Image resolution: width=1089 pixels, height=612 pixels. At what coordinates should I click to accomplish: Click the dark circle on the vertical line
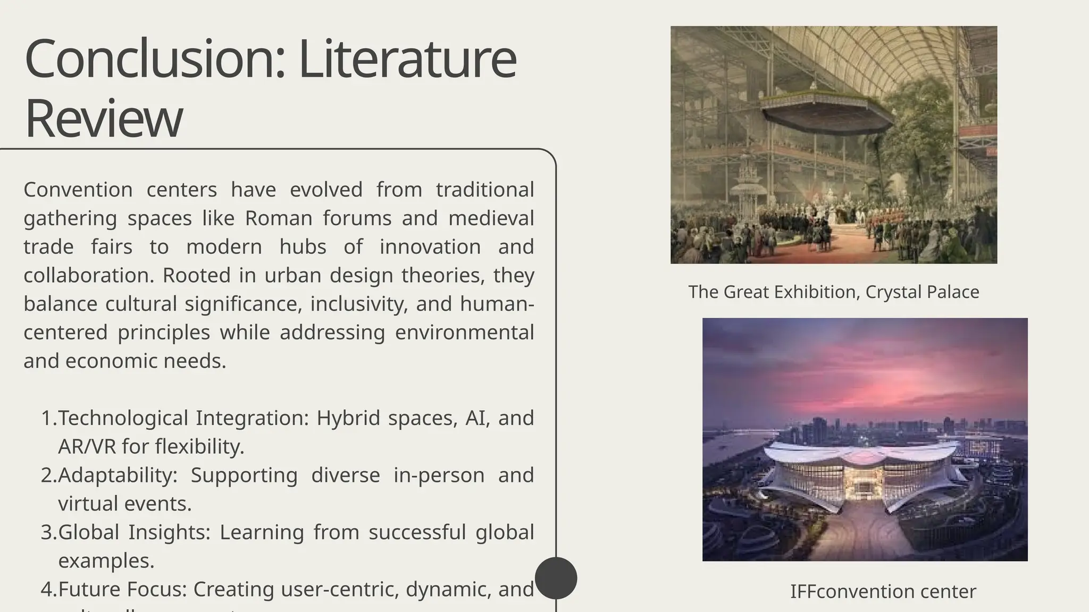(556, 578)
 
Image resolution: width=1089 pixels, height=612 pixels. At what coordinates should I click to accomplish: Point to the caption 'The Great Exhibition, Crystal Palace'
(833, 292)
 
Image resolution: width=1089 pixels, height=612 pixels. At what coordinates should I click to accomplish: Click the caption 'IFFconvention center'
(883, 591)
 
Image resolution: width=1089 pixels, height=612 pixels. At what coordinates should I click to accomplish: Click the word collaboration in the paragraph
(89, 276)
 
